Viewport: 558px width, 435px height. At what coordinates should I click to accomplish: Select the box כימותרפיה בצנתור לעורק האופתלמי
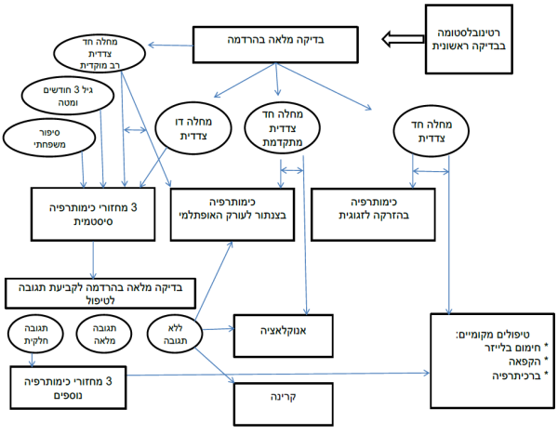[x=236, y=206]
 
